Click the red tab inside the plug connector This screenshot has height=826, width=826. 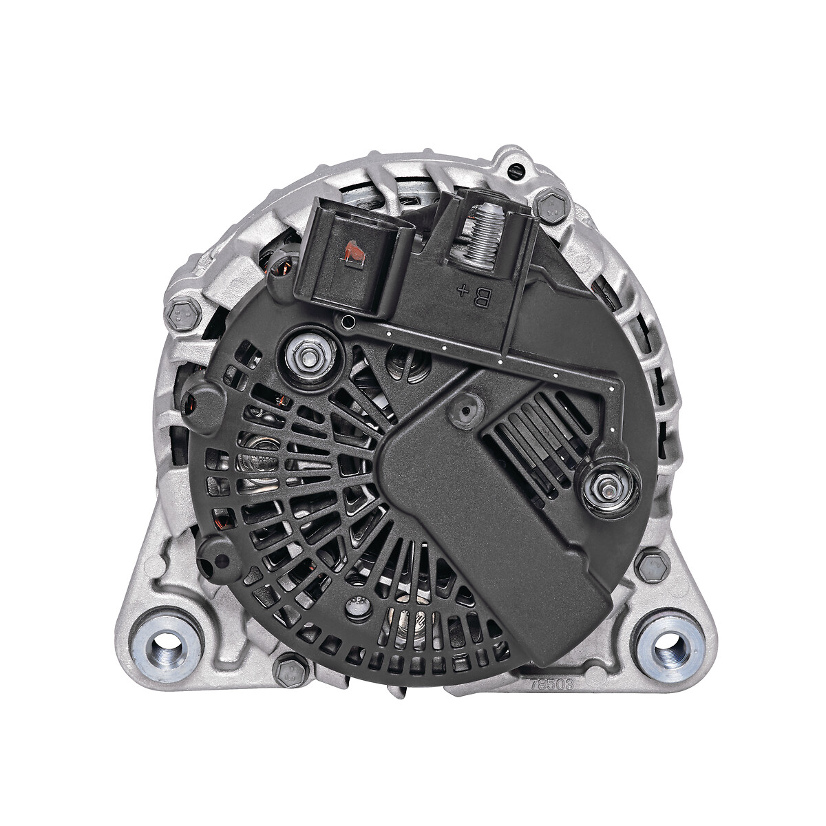coord(355,253)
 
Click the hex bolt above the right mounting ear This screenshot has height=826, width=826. coord(651,565)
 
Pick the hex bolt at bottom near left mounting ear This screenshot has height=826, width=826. coord(290,669)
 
